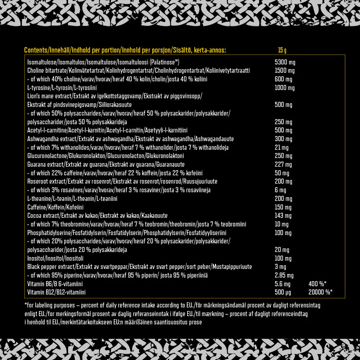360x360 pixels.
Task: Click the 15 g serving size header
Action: coord(282,50)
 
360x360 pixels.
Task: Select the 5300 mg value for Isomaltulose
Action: coord(285,62)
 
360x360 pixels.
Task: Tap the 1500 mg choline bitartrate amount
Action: coord(284,71)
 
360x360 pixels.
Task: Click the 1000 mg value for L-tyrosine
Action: coord(284,88)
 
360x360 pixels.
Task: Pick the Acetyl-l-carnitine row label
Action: coord(107,130)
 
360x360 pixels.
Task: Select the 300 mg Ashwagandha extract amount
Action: coord(283,139)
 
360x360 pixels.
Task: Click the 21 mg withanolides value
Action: coord(281,148)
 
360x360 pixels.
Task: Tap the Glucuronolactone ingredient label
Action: coord(105,156)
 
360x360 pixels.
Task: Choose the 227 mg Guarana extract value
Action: coord(283,165)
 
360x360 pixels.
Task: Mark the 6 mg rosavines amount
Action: coord(280,190)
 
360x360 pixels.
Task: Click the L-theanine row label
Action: coord(72,199)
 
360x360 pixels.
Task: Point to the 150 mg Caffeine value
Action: coord(283,207)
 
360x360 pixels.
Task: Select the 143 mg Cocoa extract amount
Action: coord(283,216)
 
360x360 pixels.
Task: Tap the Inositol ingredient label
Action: coord(55,258)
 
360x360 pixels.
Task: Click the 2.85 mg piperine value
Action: coord(284,275)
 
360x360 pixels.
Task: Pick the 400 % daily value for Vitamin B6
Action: coord(317,284)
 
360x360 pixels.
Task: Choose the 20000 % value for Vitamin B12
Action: coord(320,292)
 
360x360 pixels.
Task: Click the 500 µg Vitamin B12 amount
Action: coord(283,292)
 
